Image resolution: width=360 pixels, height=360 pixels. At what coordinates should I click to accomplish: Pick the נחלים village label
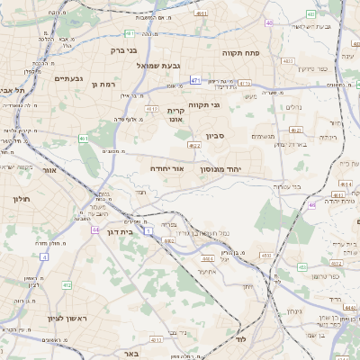[x=293, y=107]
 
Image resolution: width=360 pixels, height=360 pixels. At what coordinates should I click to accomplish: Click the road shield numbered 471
[x=195, y=80]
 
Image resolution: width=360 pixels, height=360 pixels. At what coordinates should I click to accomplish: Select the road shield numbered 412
[x=67, y=285]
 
